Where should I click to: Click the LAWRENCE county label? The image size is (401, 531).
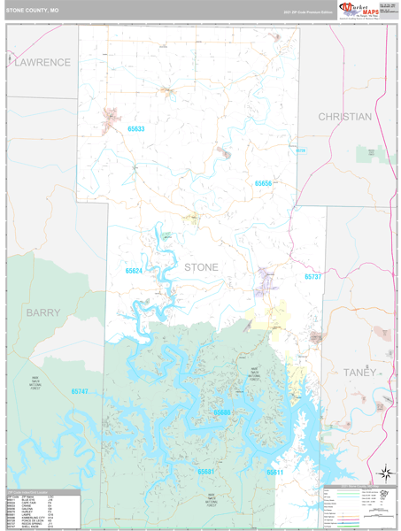41,63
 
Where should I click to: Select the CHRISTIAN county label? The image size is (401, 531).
345,117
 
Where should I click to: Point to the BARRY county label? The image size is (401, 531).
43,312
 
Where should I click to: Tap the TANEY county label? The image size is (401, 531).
359,373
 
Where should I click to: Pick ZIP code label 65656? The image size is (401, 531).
264,183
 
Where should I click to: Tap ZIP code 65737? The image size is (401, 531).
314,277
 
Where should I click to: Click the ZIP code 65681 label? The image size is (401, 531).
205,472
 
